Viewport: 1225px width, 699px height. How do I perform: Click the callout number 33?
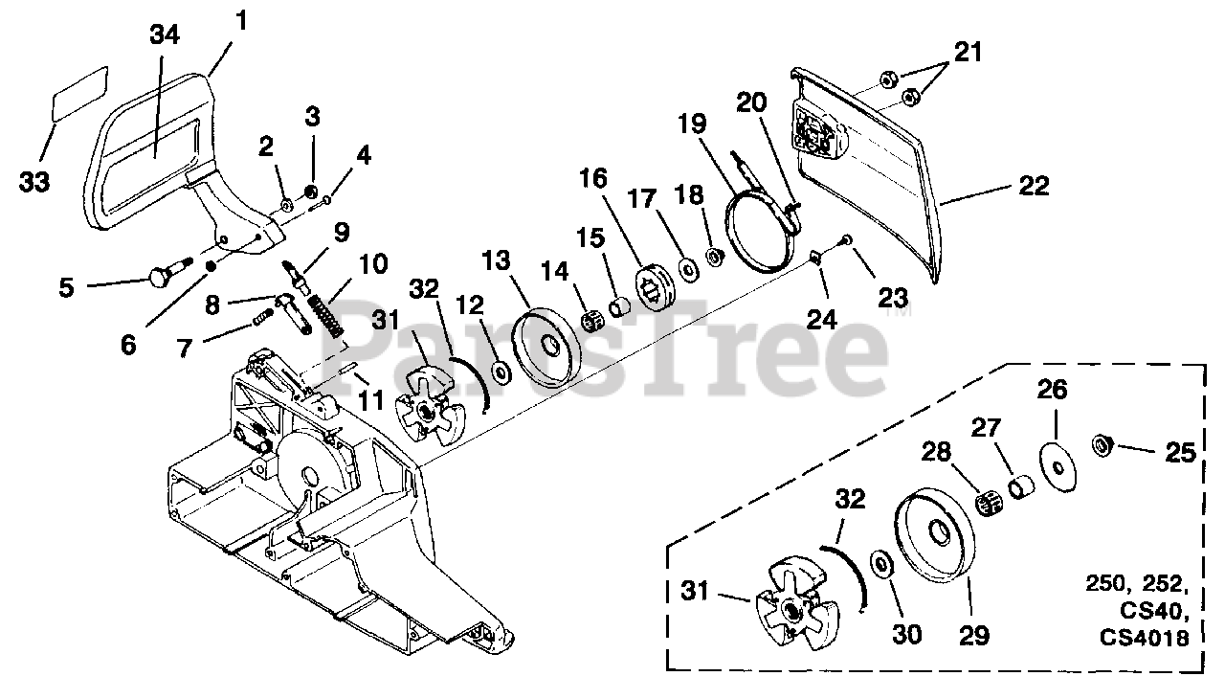34,181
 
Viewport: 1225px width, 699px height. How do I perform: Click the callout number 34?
165,35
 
